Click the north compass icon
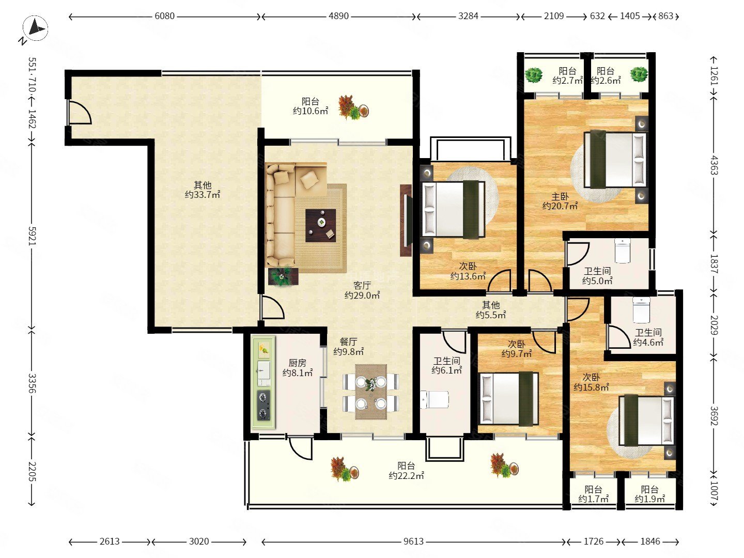[x=35, y=28]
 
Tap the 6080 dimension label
[x=164, y=16]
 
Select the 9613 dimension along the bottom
[x=413, y=541]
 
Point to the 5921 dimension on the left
[x=32, y=236]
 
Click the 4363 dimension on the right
[x=714, y=165]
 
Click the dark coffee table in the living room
[x=320, y=225]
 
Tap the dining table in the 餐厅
[x=371, y=392]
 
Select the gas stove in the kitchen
[x=263, y=405]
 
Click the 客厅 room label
[x=362, y=285]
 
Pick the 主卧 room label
[x=560, y=196]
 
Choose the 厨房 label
[x=297, y=363]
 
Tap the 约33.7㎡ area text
[x=203, y=194]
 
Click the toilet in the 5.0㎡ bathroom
[x=623, y=251]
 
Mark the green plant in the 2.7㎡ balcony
[x=534, y=75]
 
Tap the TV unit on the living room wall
[x=406, y=220]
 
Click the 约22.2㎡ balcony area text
[x=406, y=476]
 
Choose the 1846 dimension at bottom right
[x=650, y=541]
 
